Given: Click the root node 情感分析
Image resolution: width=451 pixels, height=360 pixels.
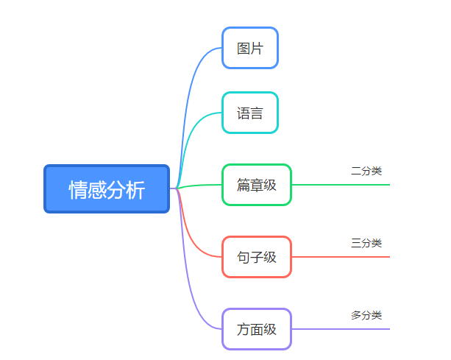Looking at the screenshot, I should pos(107,189).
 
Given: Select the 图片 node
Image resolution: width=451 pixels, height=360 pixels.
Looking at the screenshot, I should pos(250,48).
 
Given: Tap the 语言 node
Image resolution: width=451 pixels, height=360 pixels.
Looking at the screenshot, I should pos(250,113).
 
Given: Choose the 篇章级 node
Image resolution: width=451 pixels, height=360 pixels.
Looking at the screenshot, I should pos(257,185).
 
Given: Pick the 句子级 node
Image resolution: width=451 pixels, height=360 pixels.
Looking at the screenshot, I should pos(257,257).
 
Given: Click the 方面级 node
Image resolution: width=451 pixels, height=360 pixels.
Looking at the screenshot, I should pos(257,329).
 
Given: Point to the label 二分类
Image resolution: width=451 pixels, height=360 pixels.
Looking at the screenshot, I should pos(366,171).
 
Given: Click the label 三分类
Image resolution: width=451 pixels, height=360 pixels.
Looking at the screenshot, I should pos(366,243).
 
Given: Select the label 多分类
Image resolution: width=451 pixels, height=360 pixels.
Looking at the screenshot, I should pos(366,315).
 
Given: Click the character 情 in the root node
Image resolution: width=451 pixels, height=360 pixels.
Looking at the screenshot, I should pos(78,190).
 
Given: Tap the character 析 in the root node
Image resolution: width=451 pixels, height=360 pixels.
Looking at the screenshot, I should pos(136,190).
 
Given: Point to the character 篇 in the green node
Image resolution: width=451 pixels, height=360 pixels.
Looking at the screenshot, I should pos(244,185).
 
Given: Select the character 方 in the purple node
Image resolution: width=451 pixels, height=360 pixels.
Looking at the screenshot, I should pos(244,329).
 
